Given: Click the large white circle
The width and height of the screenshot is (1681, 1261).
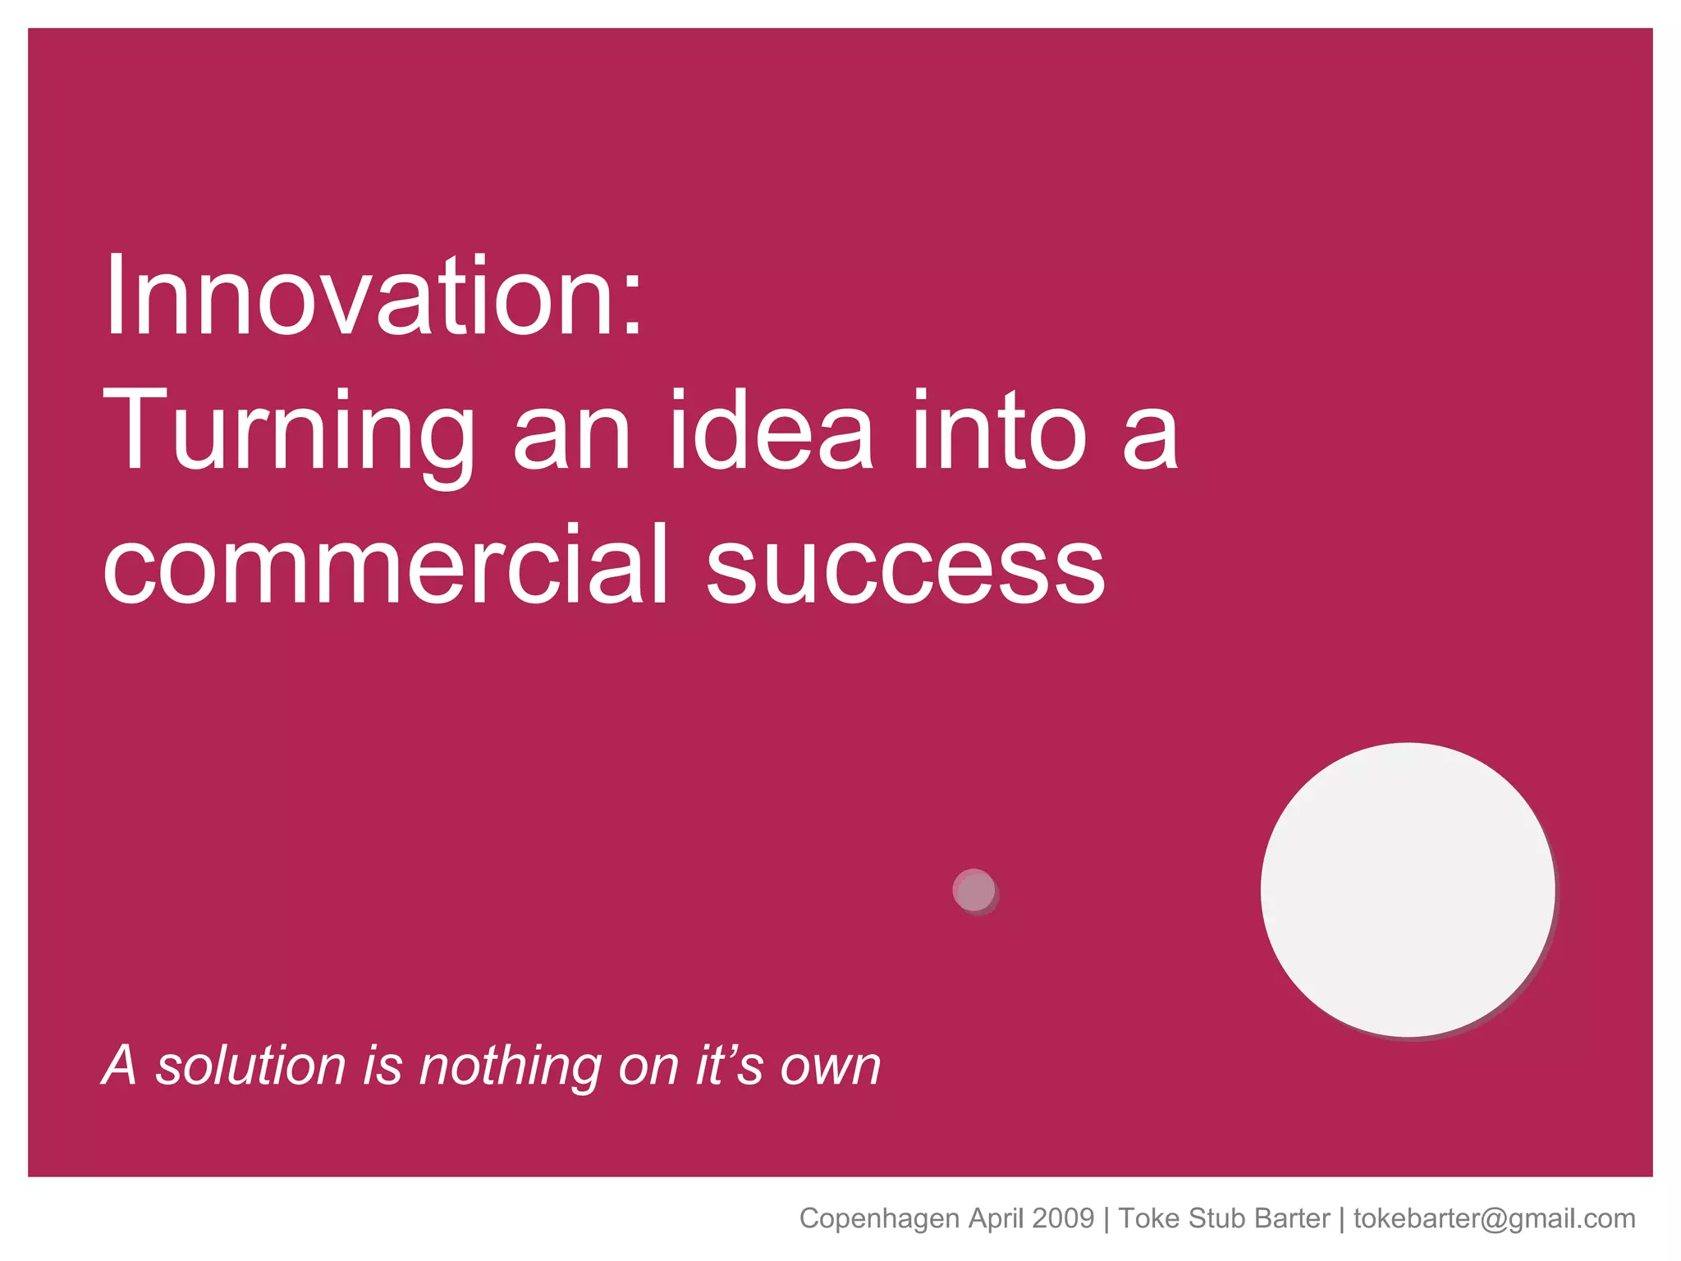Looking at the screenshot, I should (1408, 890).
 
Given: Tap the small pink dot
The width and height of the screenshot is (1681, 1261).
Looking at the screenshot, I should (975, 891).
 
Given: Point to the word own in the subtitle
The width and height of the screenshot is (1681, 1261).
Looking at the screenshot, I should (830, 1067).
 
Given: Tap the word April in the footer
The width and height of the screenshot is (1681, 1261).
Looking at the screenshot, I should (996, 1219).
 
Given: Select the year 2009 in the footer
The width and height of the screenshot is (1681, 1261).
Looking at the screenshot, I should (1063, 1218).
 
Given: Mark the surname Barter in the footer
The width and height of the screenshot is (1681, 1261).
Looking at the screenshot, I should (1291, 1218).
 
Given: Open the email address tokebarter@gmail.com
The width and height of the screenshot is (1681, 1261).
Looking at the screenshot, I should (1495, 1219).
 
